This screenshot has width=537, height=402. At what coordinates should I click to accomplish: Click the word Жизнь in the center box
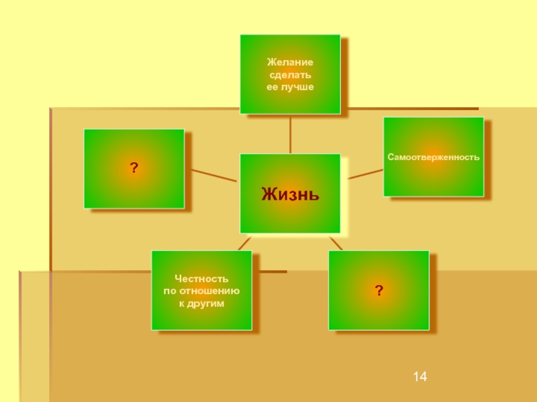(x=290, y=195)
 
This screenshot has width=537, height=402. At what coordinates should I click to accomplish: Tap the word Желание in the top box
(x=290, y=62)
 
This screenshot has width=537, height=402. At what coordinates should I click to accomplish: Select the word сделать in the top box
(x=290, y=74)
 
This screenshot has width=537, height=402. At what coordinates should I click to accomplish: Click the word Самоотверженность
(x=433, y=157)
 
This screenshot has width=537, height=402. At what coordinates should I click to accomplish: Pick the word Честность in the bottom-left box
(x=201, y=278)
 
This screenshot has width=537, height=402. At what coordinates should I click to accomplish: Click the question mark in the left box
(x=134, y=167)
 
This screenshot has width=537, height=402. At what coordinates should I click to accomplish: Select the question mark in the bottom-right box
(x=379, y=290)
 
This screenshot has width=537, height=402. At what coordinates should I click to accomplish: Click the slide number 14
(x=420, y=379)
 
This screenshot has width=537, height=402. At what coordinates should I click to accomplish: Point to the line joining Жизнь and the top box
(x=290, y=133)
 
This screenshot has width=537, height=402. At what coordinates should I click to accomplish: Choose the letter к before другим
(x=181, y=304)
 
